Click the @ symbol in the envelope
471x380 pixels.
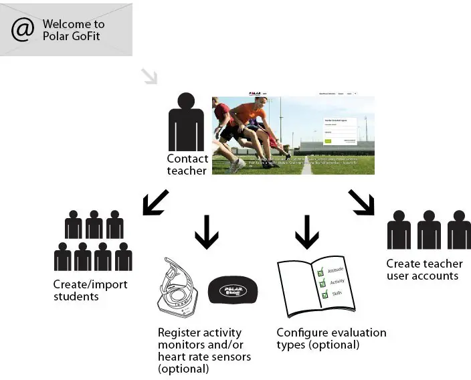coord(22,29)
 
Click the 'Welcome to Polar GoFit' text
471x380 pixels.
coord(74,30)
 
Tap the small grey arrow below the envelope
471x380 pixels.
coord(149,76)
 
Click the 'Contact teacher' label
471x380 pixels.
coord(187,165)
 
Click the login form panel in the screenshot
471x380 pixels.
coord(339,130)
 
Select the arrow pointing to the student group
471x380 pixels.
coord(156,203)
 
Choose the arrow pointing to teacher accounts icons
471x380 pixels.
coord(361,203)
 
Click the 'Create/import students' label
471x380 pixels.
coord(90,290)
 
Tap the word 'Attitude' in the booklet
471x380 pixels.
coord(336,270)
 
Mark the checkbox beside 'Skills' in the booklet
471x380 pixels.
coord(325,295)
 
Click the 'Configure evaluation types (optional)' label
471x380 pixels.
coord(331,339)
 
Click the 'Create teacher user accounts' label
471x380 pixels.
coord(423,270)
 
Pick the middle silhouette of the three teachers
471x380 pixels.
coord(429,230)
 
